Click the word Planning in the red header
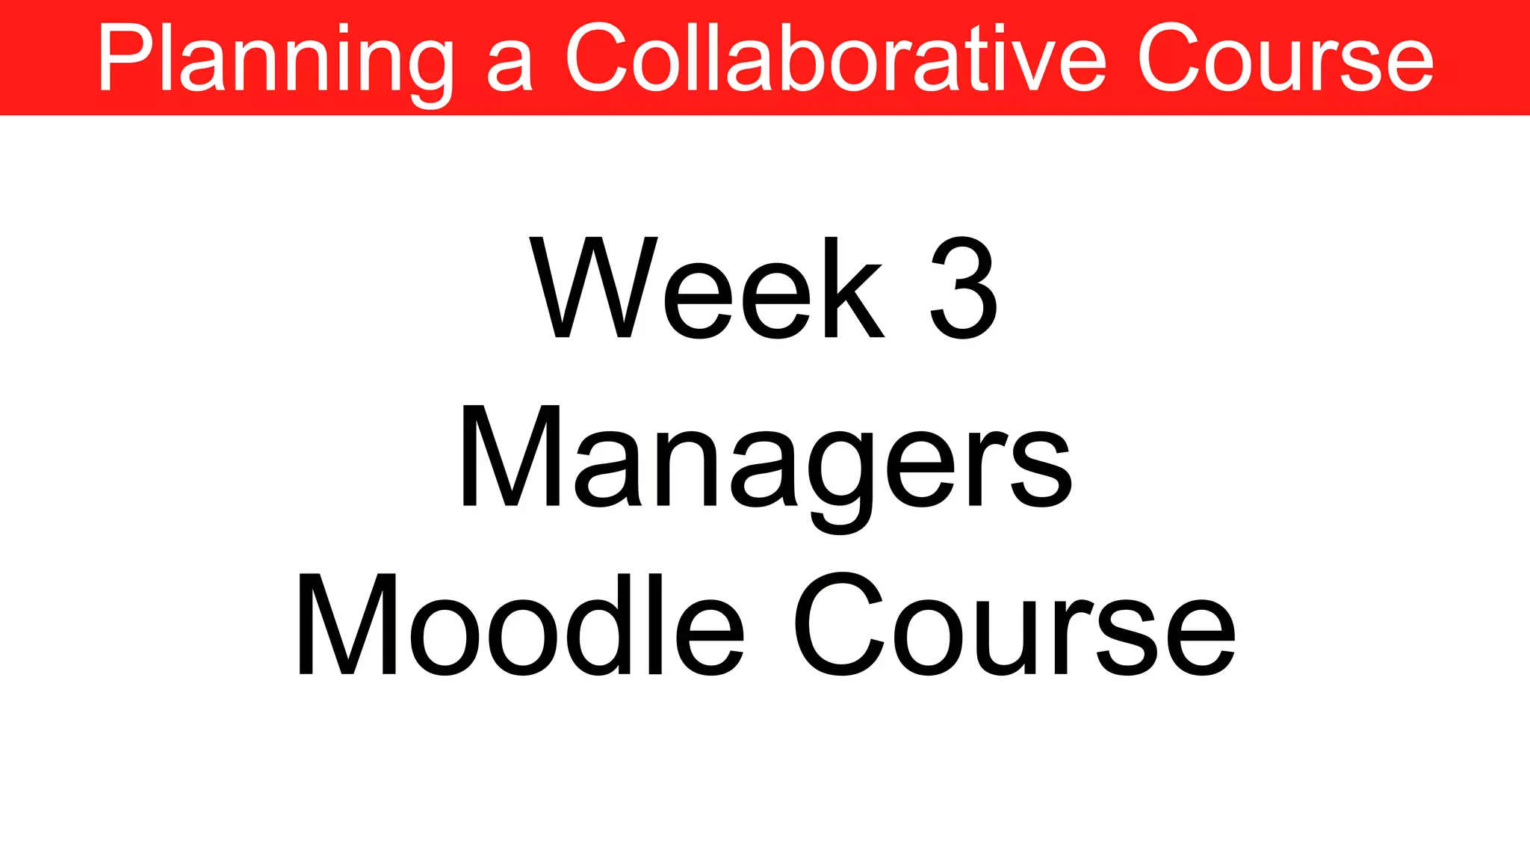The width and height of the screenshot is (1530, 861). click(275, 60)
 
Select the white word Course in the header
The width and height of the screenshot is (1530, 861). click(1285, 60)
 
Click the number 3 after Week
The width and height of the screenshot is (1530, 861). click(964, 288)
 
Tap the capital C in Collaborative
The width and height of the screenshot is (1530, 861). click(598, 58)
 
